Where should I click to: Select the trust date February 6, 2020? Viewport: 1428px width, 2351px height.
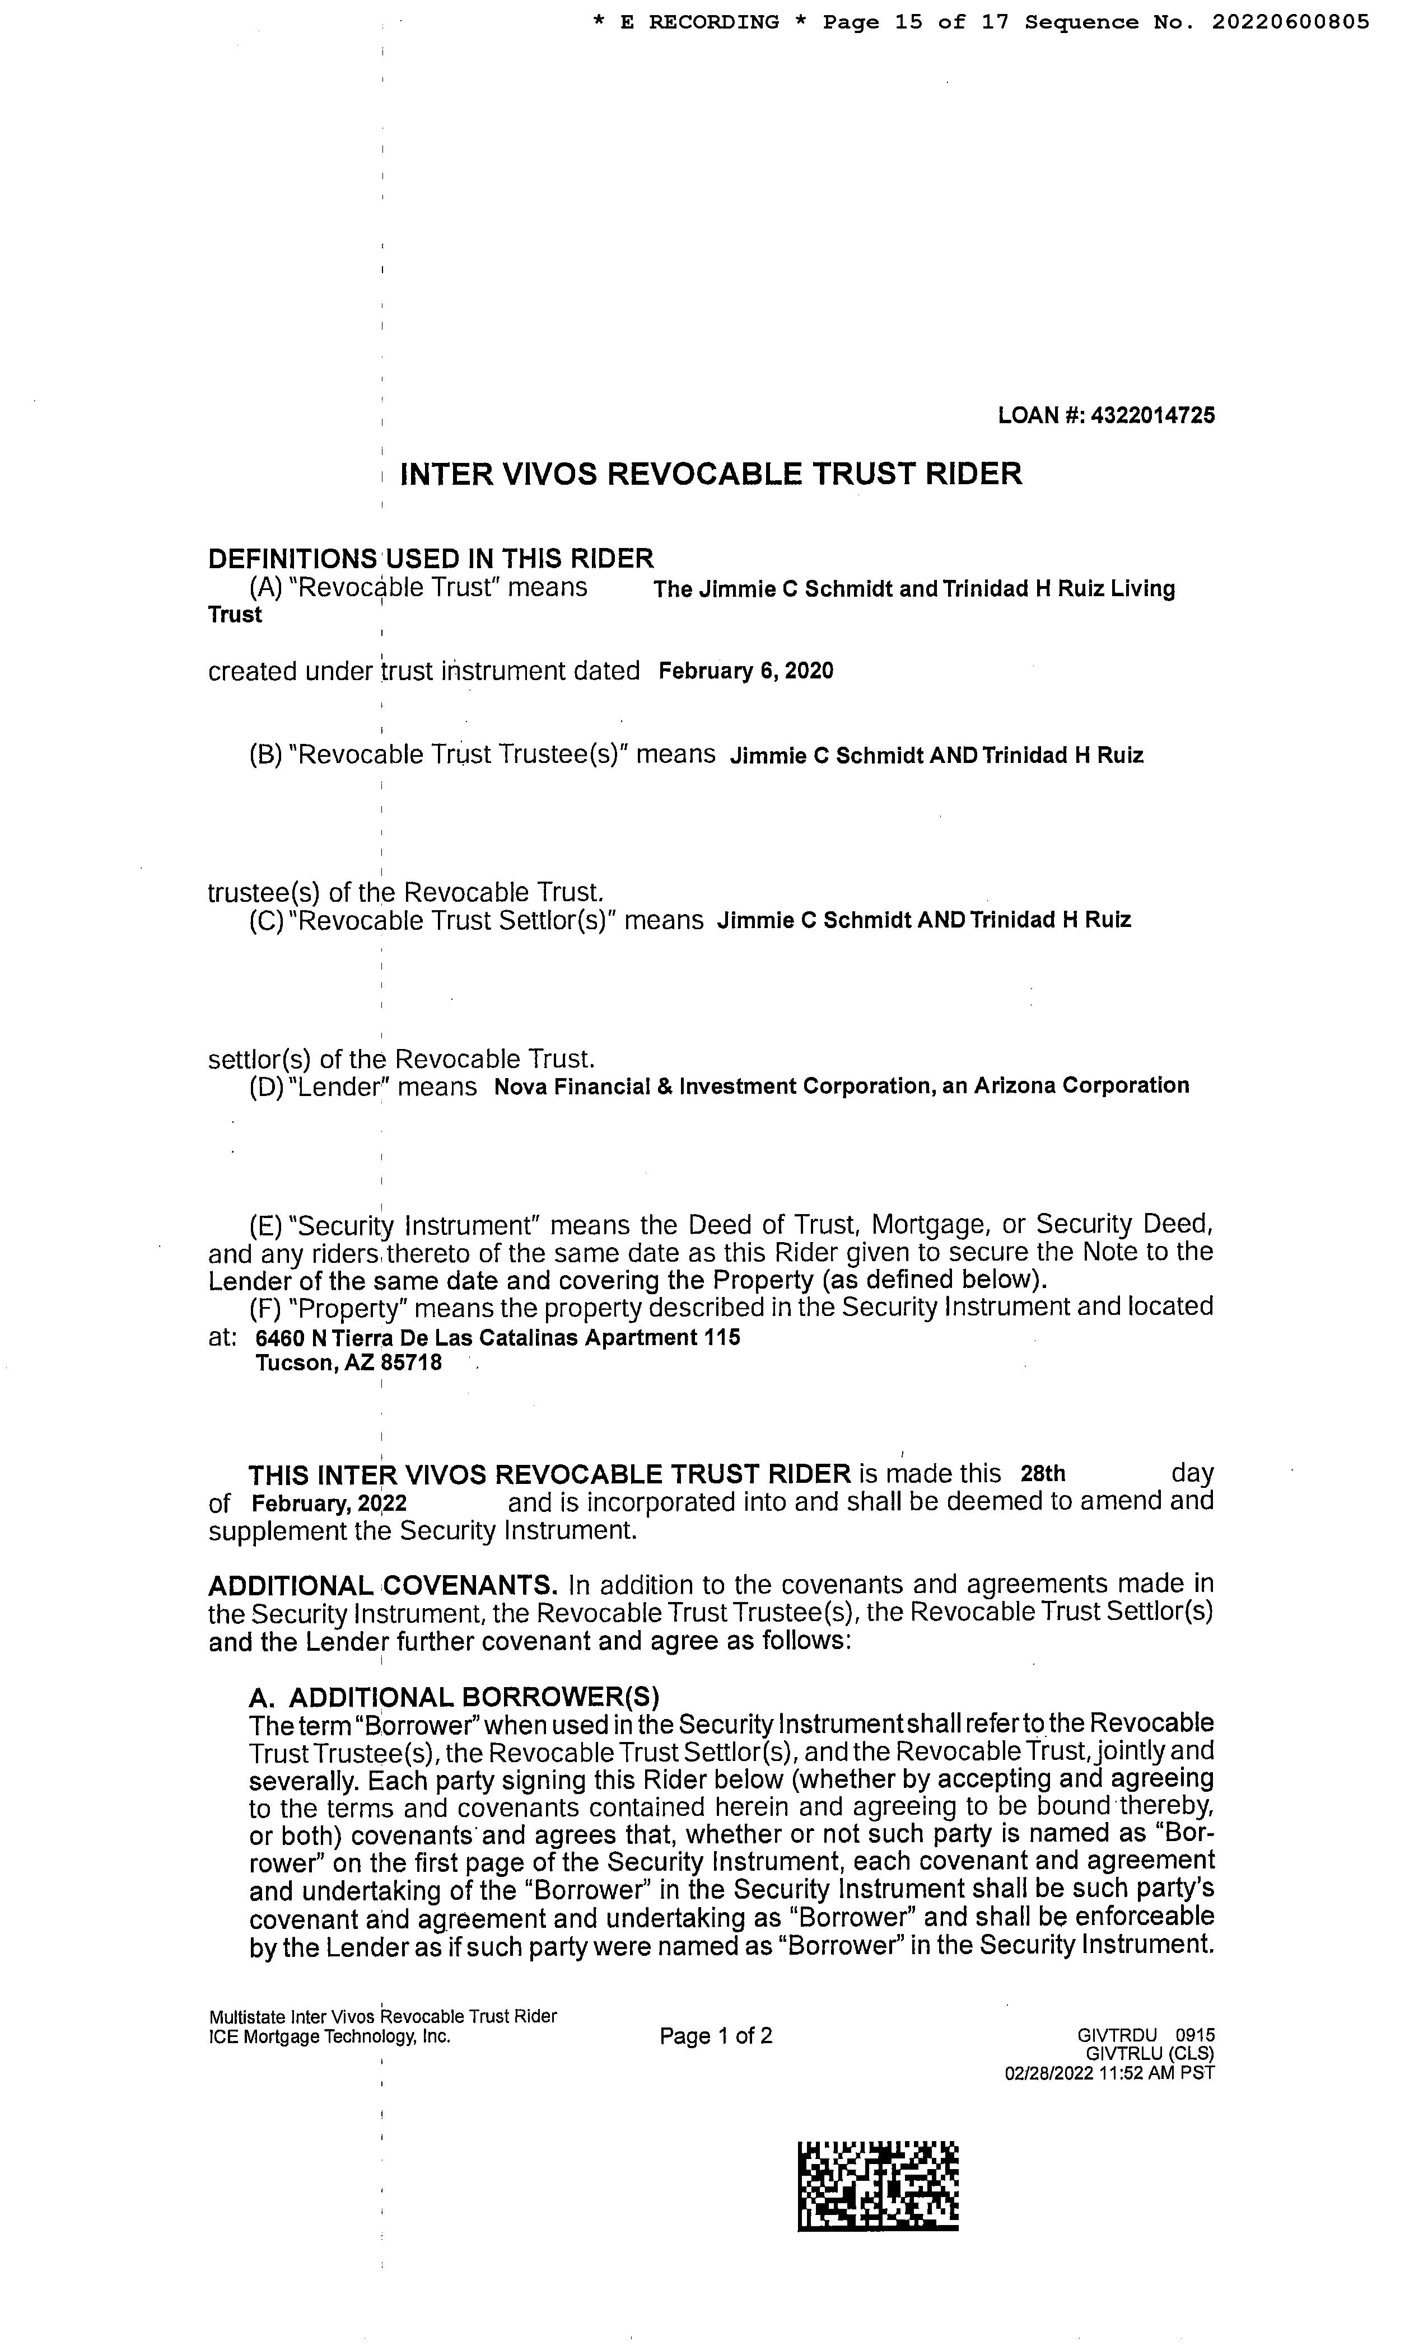pos(745,672)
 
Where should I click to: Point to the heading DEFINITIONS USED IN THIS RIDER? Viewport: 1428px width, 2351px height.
pos(431,558)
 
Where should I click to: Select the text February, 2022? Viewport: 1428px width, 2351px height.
pos(328,1504)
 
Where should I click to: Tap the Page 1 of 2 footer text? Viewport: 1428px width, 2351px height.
pos(715,2037)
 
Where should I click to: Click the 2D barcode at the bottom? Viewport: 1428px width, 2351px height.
pos(877,2187)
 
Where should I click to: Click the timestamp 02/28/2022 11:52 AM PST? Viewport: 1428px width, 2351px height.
pos(1109,2073)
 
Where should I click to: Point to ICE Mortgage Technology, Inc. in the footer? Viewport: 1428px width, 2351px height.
pos(329,2037)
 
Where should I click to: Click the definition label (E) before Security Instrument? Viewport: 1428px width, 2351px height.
pos(265,1225)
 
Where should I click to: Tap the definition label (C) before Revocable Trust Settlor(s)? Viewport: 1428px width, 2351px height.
pos(265,922)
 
